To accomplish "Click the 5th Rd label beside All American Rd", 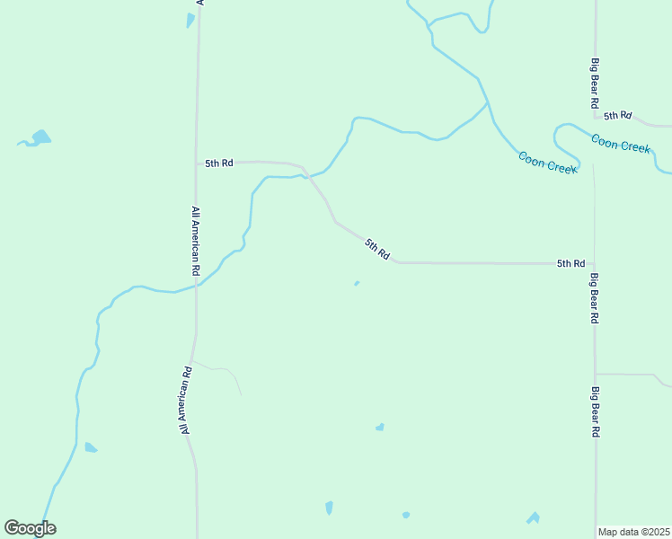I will [x=219, y=163].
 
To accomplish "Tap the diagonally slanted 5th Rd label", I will [x=377, y=249].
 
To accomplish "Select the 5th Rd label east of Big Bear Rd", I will [x=618, y=116].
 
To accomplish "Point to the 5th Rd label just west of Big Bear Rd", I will [x=570, y=263].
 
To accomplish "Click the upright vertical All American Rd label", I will [x=195, y=240].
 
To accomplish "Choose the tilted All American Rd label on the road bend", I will [x=185, y=400].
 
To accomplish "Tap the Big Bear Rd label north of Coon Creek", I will [x=595, y=83].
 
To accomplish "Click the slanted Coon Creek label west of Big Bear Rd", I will [x=547, y=163].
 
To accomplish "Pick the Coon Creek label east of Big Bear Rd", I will [x=620, y=143].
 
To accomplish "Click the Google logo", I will [x=30, y=528].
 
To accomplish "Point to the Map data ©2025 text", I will [x=633, y=532].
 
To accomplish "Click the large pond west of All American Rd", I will [x=40, y=137].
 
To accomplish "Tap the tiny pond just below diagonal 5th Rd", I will [x=357, y=284].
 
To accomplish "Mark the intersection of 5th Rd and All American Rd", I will [x=197, y=163].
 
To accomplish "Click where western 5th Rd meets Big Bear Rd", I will [x=593, y=264].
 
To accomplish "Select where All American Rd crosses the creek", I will [x=197, y=286].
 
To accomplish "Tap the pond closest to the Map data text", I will [x=534, y=518].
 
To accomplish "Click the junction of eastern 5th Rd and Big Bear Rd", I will [x=596, y=115].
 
